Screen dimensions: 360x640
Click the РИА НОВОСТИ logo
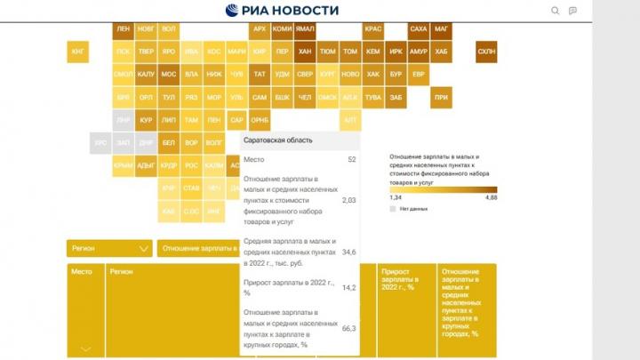pyautogui.click(x=282, y=11)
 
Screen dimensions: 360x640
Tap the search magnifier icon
pyautogui.click(x=556, y=11)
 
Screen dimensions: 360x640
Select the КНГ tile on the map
pyautogui.click(x=77, y=52)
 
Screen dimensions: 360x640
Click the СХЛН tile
pyautogui.click(x=486, y=52)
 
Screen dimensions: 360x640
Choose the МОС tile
pyautogui.click(x=169, y=75)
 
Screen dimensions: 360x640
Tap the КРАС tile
pyautogui.click(x=373, y=29)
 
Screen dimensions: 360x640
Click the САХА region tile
pyautogui.click(x=419, y=29)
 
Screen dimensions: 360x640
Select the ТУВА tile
pyautogui.click(x=373, y=97)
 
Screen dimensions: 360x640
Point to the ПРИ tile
pyautogui.click(x=442, y=97)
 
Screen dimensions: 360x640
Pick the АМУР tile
pyautogui.click(x=419, y=52)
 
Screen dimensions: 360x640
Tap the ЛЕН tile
pyautogui.click(x=123, y=29)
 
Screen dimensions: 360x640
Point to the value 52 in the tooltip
pyautogui.click(x=352, y=159)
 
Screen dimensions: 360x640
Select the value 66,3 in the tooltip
pyautogui.click(x=349, y=329)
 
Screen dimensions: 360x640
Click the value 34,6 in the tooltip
pyautogui.click(x=349, y=253)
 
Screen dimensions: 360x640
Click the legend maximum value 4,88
pyautogui.click(x=491, y=196)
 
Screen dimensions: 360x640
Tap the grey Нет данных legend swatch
pyautogui.click(x=393, y=208)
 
